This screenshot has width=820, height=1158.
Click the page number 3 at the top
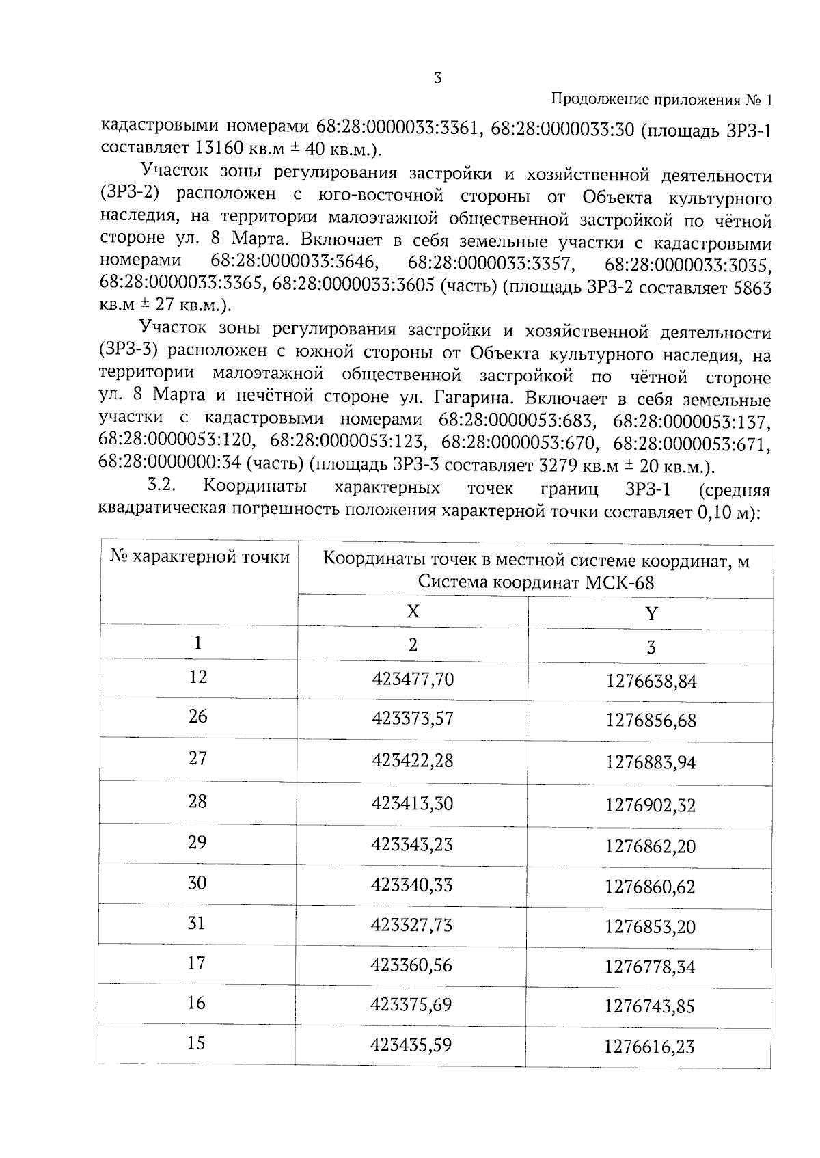click(x=437, y=78)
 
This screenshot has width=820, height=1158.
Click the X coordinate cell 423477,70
click(x=412, y=679)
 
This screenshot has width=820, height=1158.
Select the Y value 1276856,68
click(x=651, y=721)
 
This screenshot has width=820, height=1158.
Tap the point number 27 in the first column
click(x=197, y=758)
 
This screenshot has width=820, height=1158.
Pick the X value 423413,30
click(x=412, y=803)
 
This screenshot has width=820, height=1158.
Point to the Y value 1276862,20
click(x=651, y=846)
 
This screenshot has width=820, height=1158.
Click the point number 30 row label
click(x=197, y=883)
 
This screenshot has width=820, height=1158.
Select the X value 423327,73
click(x=411, y=925)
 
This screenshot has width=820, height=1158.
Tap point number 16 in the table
click(x=196, y=1003)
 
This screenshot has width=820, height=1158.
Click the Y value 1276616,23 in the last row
click(x=649, y=1047)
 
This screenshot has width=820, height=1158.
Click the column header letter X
click(x=413, y=611)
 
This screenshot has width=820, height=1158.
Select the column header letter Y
click(x=651, y=613)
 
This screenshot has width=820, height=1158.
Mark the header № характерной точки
click(x=200, y=557)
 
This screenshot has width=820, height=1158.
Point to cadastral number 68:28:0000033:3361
click(x=392, y=126)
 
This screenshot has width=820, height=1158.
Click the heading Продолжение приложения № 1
click(x=661, y=100)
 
